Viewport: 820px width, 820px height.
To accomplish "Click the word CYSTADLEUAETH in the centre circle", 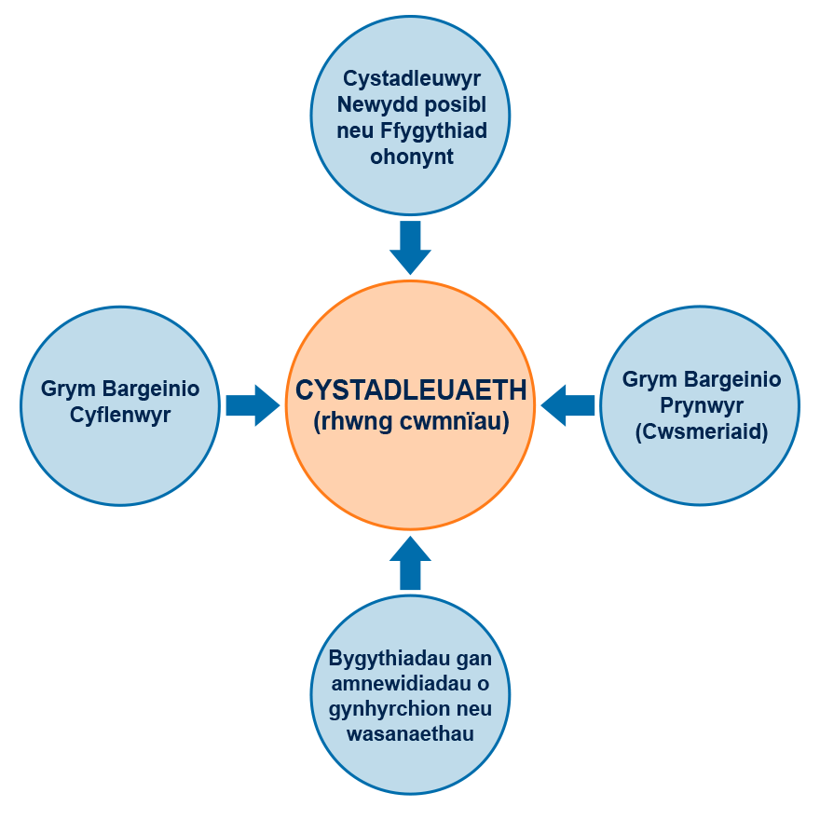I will pos(411,390).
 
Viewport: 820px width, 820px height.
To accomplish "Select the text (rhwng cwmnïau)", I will pos(411,421).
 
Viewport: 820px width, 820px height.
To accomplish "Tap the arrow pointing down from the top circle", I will pos(410,246).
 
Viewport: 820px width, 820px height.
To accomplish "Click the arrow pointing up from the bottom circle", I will pos(410,563).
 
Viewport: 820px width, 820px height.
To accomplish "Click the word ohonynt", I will pos(411,157).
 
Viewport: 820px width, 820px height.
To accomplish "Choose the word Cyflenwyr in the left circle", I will pos(120,416).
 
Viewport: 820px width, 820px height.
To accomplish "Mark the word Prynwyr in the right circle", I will pos(702,406).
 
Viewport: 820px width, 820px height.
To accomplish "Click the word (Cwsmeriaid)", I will pos(702,432).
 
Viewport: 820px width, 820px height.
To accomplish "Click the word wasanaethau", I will pos(410,734).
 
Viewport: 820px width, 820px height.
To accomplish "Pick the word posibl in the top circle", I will pos(455,104).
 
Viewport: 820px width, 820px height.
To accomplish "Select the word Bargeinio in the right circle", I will pos(731,380).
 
